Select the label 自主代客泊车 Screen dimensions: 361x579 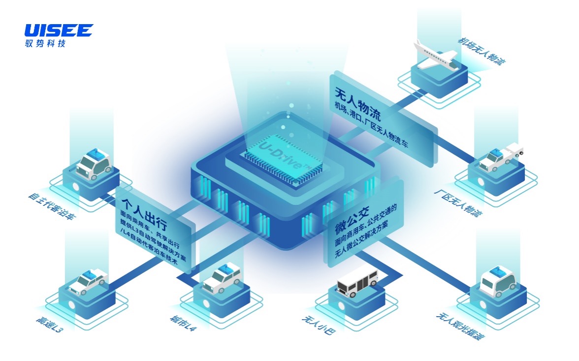pyautogui.click(x=52, y=206)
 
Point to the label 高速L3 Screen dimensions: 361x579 pyautogui.click(x=49, y=326)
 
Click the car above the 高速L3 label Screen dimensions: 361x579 pyautogui.click(x=88, y=281)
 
